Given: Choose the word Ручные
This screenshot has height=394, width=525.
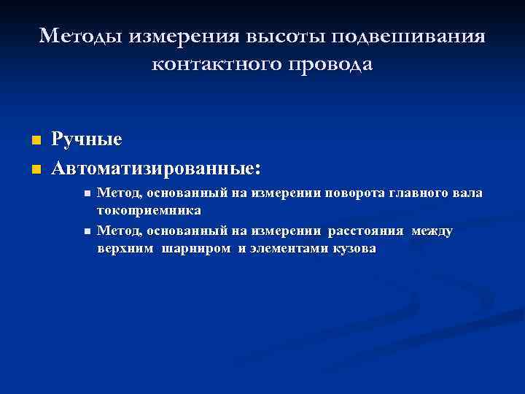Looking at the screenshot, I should (86, 139).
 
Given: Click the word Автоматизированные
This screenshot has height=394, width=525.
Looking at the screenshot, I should (152, 169).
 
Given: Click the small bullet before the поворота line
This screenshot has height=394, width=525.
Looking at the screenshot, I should (87, 194).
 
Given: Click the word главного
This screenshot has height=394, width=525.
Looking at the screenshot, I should (418, 193).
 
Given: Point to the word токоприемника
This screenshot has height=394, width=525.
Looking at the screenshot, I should (149, 210).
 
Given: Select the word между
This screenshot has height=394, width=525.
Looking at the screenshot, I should (432, 231).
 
